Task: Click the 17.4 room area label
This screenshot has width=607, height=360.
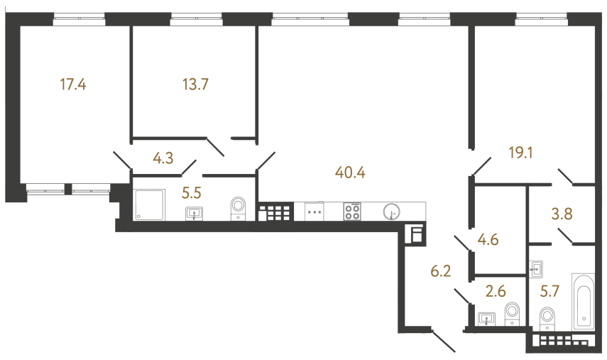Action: pos(73,85)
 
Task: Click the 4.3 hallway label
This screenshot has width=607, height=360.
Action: pos(163,158)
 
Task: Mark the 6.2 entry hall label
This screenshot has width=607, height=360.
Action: pos(442,270)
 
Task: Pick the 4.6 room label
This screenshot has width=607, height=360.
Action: pos(488,239)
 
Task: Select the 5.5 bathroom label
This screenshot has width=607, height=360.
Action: pos(192,192)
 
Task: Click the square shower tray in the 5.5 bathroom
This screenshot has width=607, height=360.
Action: pos(149,204)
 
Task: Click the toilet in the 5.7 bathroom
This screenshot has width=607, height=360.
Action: pos(547,318)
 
